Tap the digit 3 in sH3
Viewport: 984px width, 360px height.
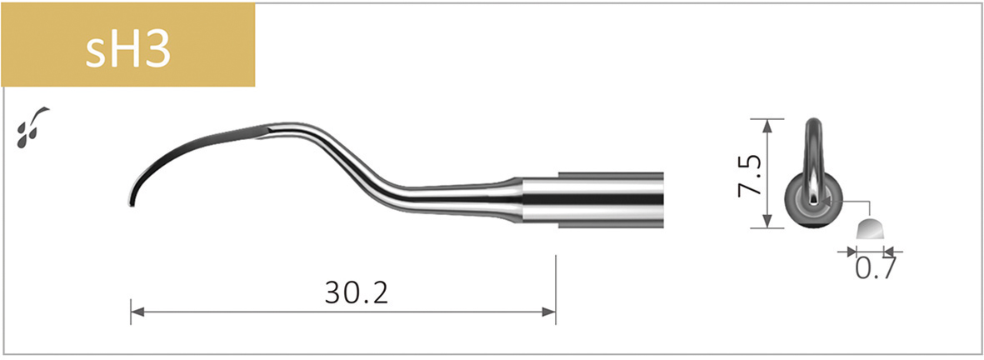click(x=157, y=50)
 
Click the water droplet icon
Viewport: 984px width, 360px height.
click(x=31, y=126)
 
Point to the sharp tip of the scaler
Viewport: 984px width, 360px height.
click(x=131, y=202)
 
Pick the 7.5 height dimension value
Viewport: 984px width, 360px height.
click(x=750, y=173)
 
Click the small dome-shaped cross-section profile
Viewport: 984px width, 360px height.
click(x=872, y=231)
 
